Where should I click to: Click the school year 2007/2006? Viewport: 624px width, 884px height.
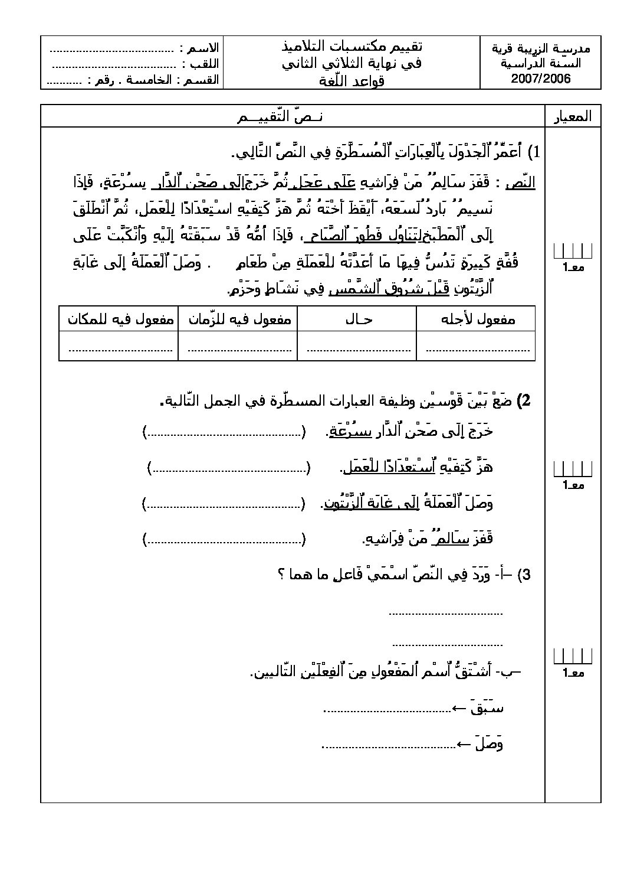pos(540,80)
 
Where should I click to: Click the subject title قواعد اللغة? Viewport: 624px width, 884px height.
pos(352,81)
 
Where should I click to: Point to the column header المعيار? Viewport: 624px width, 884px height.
pos(573,117)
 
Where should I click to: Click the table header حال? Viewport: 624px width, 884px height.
pos(358,319)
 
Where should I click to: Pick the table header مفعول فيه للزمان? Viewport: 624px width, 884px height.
pos(239,319)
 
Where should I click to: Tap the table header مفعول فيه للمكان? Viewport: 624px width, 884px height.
pos(120,319)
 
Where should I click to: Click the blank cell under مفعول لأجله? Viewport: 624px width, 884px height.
pos(477,347)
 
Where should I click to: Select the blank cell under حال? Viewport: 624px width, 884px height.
pos(358,347)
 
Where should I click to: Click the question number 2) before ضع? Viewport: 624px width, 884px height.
pos(523,401)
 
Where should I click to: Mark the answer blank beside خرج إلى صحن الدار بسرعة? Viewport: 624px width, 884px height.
pos(224,433)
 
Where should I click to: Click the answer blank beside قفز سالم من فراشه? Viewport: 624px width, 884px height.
pos(224,539)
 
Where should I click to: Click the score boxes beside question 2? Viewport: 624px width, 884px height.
pos(572,469)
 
